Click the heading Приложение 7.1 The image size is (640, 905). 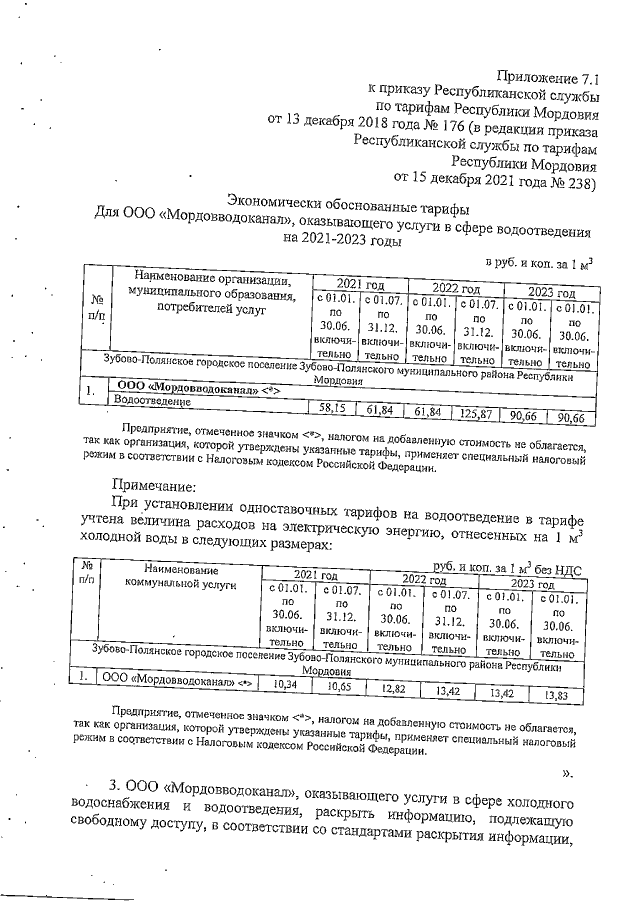click(x=548, y=76)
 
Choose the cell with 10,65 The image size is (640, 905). click(x=342, y=687)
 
